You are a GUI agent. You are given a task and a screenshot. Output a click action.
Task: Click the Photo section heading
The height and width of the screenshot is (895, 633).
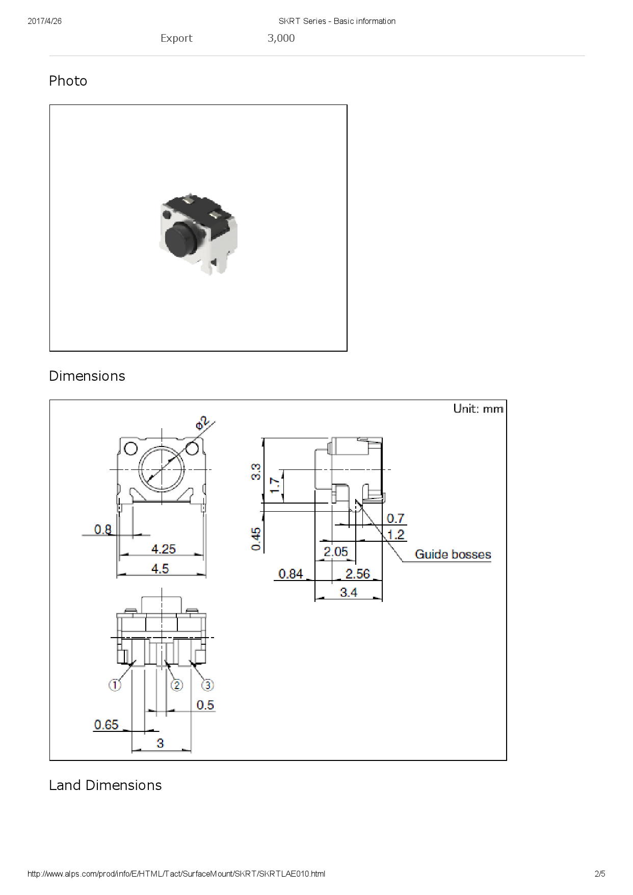click(x=68, y=81)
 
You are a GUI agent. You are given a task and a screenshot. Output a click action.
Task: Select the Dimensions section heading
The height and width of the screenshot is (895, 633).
click(x=87, y=376)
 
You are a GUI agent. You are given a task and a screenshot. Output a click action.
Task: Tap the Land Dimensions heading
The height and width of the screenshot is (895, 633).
click(x=106, y=785)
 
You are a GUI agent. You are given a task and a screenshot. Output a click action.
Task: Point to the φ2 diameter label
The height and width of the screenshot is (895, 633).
click(x=202, y=423)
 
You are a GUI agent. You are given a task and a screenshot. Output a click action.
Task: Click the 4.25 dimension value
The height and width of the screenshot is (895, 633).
click(x=164, y=549)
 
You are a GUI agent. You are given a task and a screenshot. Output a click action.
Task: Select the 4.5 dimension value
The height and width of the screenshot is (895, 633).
click(x=160, y=568)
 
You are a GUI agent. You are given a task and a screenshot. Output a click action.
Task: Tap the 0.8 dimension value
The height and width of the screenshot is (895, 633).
click(x=103, y=530)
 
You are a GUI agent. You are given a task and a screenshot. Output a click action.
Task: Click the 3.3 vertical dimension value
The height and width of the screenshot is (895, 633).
click(x=256, y=471)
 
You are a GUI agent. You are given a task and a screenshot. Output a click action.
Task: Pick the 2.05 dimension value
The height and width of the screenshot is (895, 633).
click(x=336, y=551)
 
